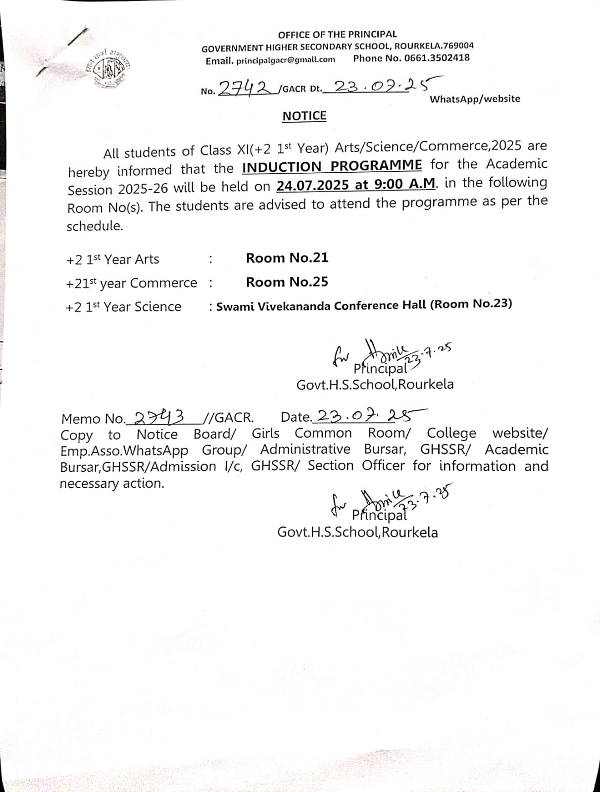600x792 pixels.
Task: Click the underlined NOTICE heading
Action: (304, 116)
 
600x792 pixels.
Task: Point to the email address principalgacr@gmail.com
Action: (286, 60)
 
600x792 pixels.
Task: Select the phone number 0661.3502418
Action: (437, 57)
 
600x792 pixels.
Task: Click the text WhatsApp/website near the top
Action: (475, 99)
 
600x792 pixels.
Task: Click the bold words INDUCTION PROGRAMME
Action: (332, 166)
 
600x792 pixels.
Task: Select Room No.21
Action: (287, 258)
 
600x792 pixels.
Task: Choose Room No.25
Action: (287, 282)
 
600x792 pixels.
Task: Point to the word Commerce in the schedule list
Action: (163, 283)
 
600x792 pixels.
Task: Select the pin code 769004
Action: (458, 46)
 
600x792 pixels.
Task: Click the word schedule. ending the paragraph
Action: (95, 226)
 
